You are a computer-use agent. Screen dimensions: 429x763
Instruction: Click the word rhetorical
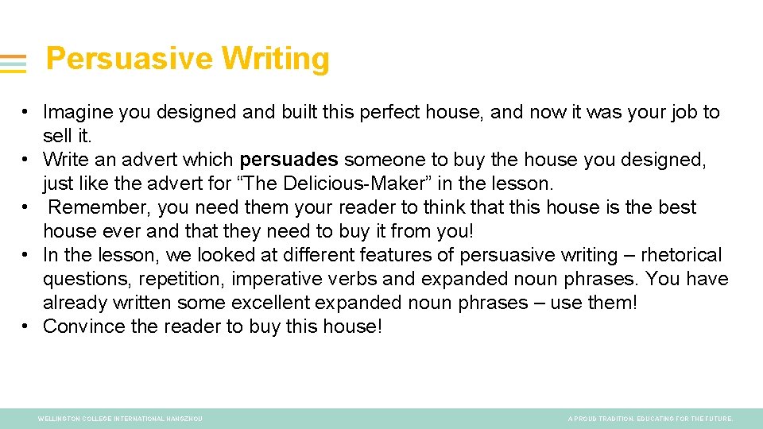click(681, 255)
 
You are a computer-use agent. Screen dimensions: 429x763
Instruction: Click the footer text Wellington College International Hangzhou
click(120, 419)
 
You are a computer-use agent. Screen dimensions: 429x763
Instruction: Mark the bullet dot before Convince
click(26, 327)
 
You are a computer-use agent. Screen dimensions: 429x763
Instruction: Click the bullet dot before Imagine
click(26, 112)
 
